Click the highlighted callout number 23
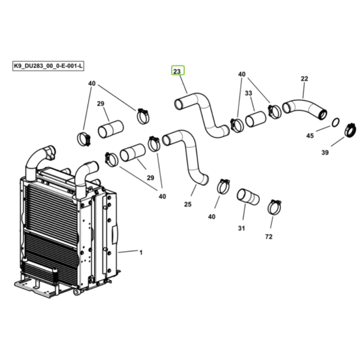pos(178,71)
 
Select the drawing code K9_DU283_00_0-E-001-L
pos(48,66)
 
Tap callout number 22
pos(304,79)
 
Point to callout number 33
pos(248,93)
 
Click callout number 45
pos(310,136)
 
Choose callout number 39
pos(325,152)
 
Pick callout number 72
pos(269,236)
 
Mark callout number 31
pos(241,228)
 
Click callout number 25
pos(188,204)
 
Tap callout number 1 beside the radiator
pos(141,253)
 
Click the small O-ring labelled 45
pos(335,122)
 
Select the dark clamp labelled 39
pos(350,130)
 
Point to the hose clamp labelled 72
pos(274,207)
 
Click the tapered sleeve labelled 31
pos(248,197)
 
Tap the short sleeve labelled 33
pos(256,119)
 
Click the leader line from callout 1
pos(128,251)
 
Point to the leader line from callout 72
pos(272,222)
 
